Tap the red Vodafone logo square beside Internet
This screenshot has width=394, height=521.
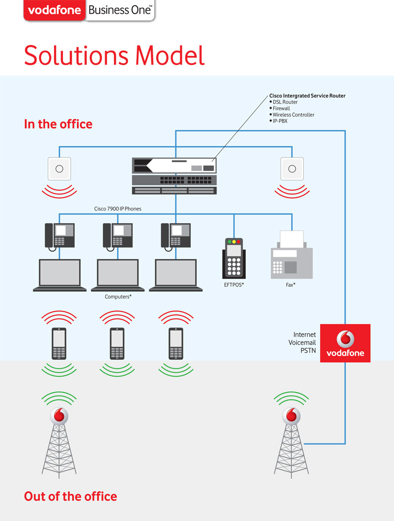point(345,343)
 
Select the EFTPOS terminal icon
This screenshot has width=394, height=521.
point(233,259)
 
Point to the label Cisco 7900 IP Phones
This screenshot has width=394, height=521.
point(117,209)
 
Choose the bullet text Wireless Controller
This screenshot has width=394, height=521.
point(293,115)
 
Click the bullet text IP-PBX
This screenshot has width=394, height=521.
point(280,121)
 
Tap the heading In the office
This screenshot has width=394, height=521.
point(58,124)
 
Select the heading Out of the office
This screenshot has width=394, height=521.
point(70,496)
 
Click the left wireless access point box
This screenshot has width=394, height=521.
point(59,169)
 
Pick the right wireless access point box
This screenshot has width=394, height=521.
point(292,169)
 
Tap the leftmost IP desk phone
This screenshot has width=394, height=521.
point(59,235)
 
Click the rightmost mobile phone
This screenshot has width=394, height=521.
point(175,343)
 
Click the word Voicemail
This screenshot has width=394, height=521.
point(302,343)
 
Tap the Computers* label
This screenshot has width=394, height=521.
point(118,297)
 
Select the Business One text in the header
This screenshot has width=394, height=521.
point(119,10)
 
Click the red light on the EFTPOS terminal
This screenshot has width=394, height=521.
point(238,241)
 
